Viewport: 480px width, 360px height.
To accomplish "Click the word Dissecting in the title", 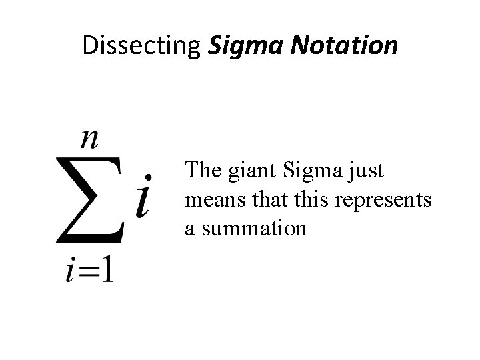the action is [142, 45].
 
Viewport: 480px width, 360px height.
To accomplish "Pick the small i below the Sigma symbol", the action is [71, 272].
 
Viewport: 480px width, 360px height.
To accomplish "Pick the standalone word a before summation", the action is [190, 230].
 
